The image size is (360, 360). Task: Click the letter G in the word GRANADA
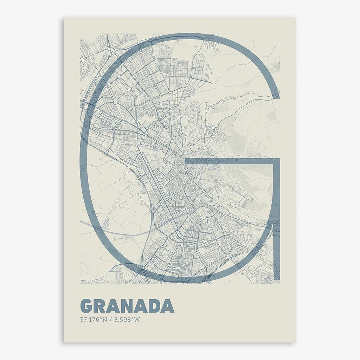87,306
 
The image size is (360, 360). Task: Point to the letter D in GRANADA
154,306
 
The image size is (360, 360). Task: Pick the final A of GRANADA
168,306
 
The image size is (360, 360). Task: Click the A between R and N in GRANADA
116,306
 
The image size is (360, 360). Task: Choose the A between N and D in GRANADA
142,306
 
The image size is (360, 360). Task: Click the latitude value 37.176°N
93,320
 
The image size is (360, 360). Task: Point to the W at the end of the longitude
137,320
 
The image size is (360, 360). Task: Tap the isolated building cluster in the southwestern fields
105,223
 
